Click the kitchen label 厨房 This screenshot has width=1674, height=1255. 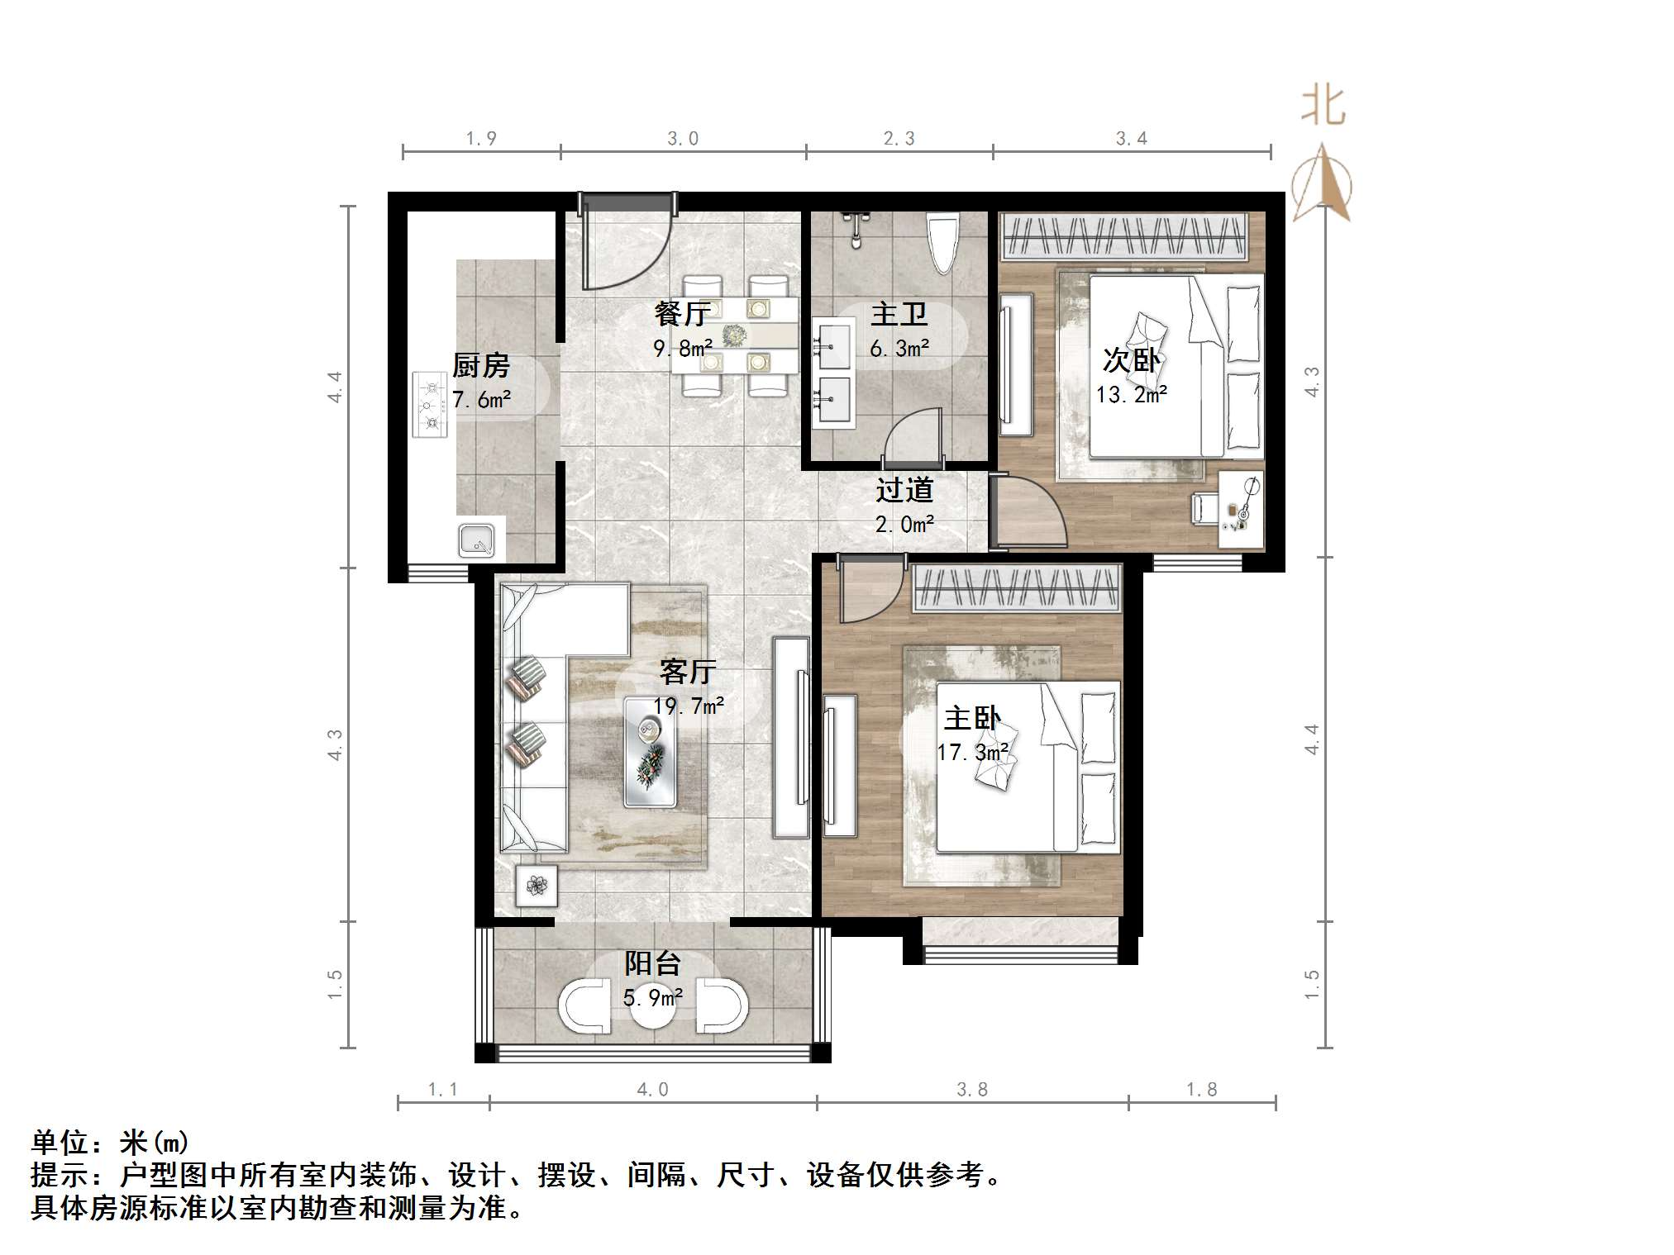tap(480, 365)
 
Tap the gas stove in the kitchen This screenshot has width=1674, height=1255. tap(430, 405)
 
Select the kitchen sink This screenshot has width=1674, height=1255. tap(477, 540)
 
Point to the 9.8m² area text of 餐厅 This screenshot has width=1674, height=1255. tap(683, 349)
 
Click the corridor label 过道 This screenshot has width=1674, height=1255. tap(904, 490)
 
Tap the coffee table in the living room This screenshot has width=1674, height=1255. tap(651, 752)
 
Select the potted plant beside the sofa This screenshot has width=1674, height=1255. tap(537, 886)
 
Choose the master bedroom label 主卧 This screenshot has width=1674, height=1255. tap(972, 718)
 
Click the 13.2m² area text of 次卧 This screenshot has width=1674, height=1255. tap(1131, 395)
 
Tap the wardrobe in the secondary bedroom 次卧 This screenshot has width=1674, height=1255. tap(1123, 236)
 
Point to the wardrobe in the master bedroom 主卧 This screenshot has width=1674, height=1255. tap(1017, 588)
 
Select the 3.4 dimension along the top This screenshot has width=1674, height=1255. tap(1131, 139)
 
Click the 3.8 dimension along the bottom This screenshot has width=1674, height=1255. tap(972, 1090)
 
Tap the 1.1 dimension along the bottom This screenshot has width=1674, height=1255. tap(442, 1090)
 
